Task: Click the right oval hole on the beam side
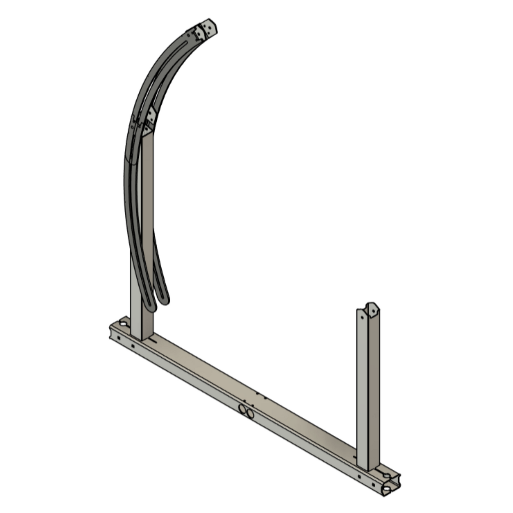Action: click(x=250, y=414)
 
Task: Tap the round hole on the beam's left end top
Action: click(x=123, y=323)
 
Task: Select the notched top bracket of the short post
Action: click(x=372, y=309)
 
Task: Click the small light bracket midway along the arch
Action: click(x=151, y=115)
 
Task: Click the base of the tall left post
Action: click(x=141, y=336)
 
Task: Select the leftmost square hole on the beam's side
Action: click(x=118, y=338)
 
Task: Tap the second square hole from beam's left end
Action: click(x=133, y=346)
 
